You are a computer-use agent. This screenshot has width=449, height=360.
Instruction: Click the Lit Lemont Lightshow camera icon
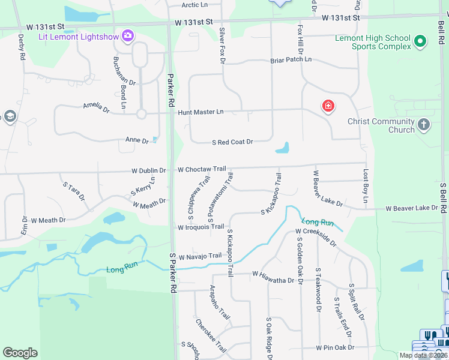(x=127, y=36)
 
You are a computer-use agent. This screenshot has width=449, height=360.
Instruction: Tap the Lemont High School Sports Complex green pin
(x=420, y=41)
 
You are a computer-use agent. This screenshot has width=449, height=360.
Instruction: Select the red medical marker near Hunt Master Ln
(x=328, y=107)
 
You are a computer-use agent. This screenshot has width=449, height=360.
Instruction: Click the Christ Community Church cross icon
(x=424, y=125)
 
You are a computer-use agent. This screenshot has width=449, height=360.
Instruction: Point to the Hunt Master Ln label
(x=200, y=112)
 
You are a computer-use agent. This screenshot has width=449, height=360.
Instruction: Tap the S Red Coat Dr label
(x=232, y=142)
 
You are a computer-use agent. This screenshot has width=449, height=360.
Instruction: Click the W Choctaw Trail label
(x=201, y=169)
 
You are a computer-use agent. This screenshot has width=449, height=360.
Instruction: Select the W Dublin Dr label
(x=149, y=170)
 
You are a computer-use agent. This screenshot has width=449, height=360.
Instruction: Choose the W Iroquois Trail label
(x=200, y=227)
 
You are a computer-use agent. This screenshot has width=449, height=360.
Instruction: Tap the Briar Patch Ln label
(x=291, y=60)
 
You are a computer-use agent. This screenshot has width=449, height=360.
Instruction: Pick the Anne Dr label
(x=136, y=140)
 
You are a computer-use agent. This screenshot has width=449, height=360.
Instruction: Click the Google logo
(x=20, y=353)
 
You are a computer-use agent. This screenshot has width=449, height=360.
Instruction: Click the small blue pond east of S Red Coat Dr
(x=282, y=148)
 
